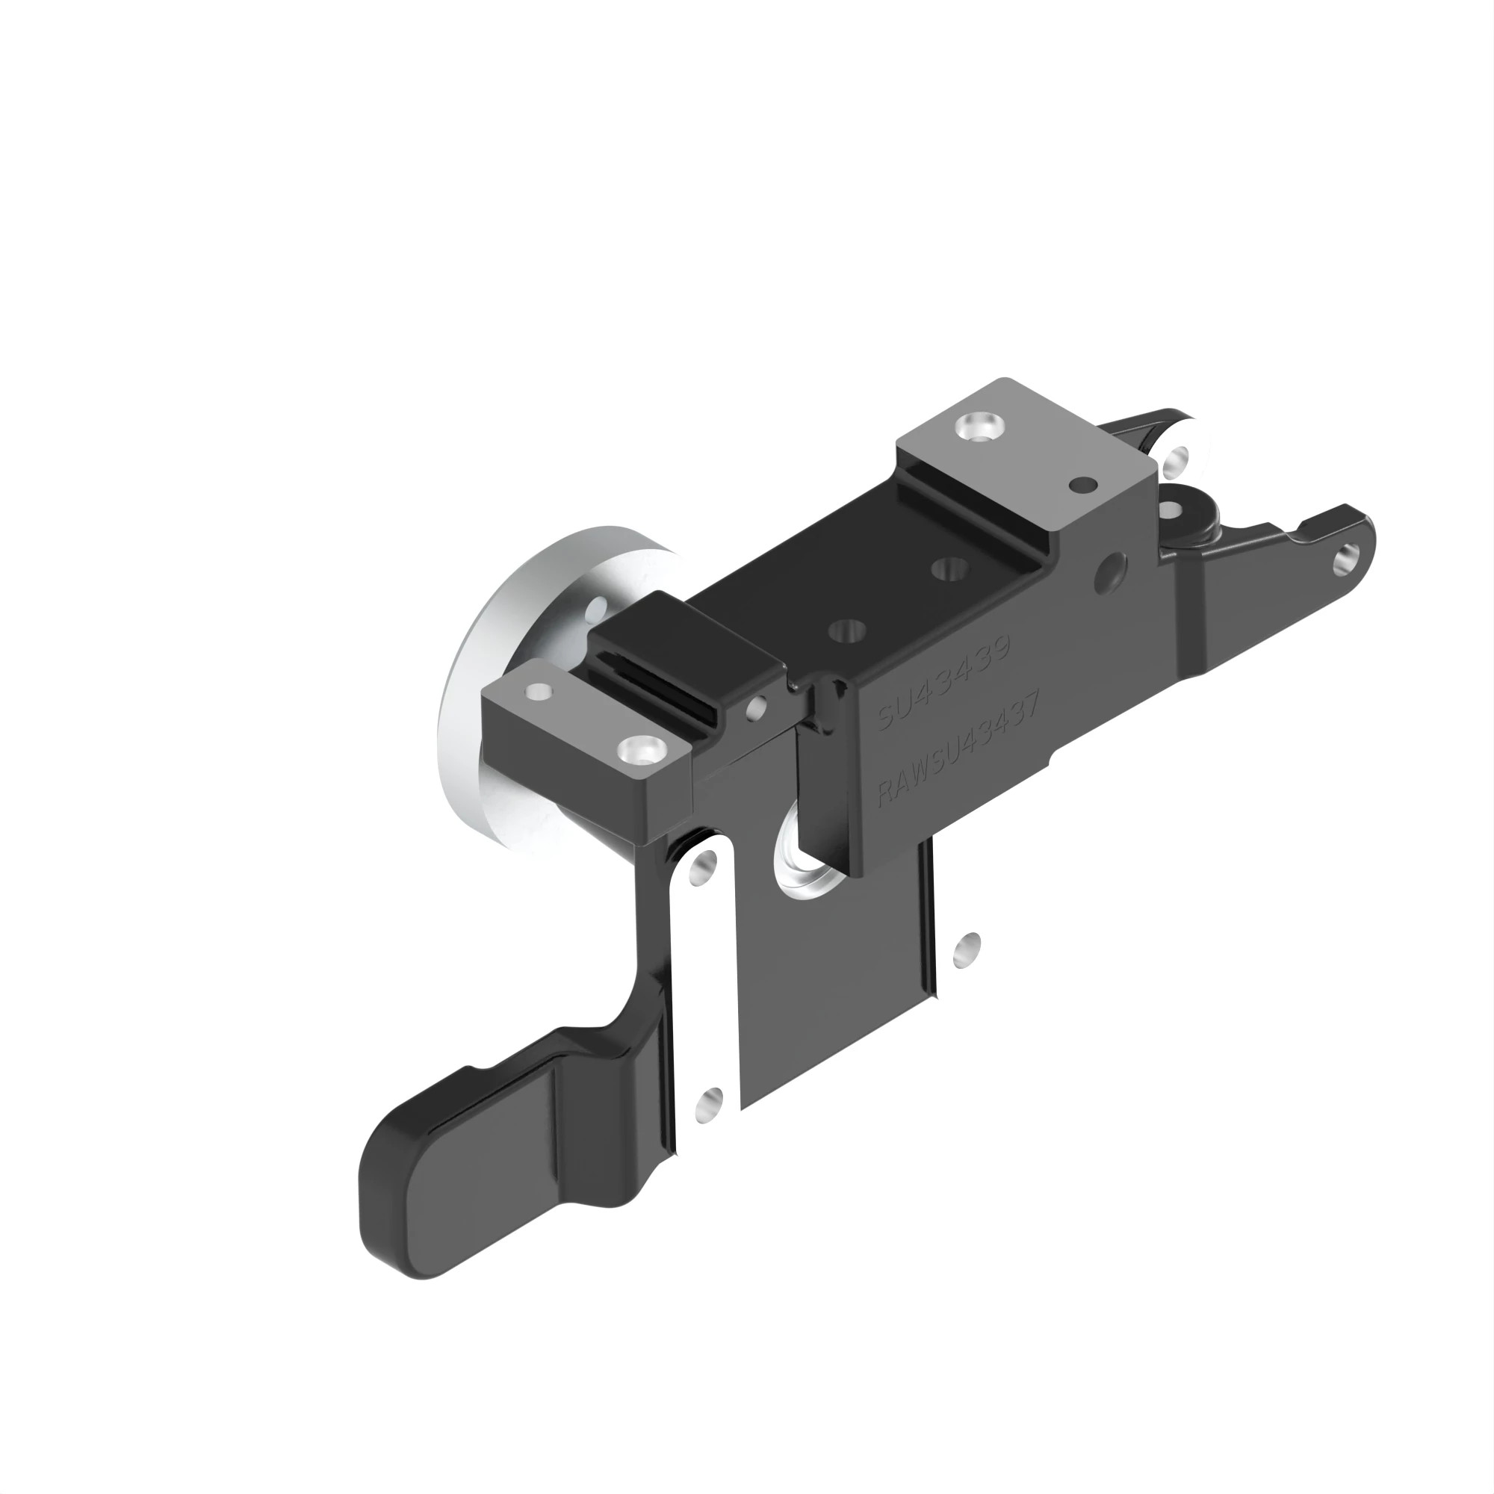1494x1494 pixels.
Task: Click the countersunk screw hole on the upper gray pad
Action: point(980,427)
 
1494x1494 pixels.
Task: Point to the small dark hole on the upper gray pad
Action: point(1082,486)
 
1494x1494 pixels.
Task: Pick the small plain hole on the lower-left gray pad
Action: point(538,689)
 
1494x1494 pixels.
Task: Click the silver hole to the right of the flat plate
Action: point(967,949)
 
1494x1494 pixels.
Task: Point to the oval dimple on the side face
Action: point(1111,571)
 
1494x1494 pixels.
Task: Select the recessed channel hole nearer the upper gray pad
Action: point(950,570)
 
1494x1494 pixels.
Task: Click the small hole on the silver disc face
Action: point(596,611)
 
